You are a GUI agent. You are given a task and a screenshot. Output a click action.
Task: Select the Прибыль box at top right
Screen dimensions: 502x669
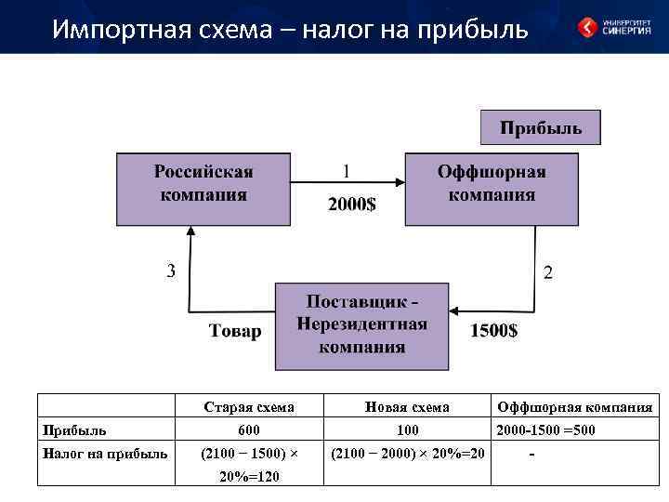(x=541, y=128)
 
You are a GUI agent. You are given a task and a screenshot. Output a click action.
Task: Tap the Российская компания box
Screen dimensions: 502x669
(x=203, y=190)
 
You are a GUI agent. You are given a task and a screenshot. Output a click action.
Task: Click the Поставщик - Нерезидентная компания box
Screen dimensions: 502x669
(x=362, y=326)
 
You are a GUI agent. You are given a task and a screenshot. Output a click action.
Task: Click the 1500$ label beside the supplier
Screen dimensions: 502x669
(x=494, y=331)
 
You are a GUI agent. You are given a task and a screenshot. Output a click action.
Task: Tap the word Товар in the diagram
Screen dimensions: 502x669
(x=235, y=332)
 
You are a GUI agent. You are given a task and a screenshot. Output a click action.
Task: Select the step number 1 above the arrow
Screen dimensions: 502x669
(x=347, y=172)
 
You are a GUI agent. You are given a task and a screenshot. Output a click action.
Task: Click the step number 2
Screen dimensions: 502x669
(x=547, y=272)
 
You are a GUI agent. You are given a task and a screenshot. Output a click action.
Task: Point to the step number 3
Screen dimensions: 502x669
(x=170, y=271)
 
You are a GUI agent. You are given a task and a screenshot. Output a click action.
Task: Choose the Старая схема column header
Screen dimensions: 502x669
(x=248, y=407)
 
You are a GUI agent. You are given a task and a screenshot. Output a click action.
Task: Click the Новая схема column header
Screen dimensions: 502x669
(x=407, y=407)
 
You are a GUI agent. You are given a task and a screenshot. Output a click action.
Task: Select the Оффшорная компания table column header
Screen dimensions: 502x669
(x=574, y=407)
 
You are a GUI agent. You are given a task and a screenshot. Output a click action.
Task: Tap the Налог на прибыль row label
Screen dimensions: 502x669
(x=104, y=454)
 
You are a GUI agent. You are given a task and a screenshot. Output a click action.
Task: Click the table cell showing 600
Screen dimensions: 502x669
(x=248, y=430)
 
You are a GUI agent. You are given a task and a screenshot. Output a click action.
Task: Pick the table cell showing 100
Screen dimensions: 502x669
(x=407, y=430)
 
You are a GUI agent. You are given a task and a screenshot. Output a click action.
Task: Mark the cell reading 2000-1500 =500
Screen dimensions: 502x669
(x=546, y=430)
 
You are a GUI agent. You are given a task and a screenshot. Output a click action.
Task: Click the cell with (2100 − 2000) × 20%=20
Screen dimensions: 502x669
(x=407, y=454)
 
